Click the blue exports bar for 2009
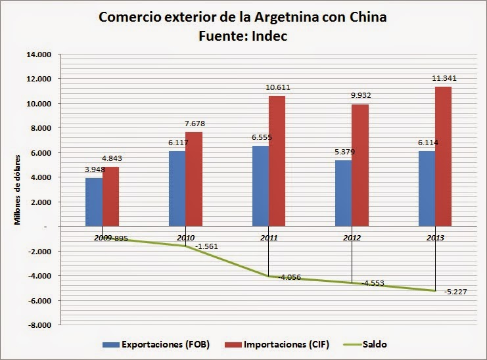click(94, 202)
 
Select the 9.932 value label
click(361, 96)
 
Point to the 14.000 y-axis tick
click(40, 55)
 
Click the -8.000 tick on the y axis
click(40, 325)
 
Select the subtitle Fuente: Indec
click(243, 36)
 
